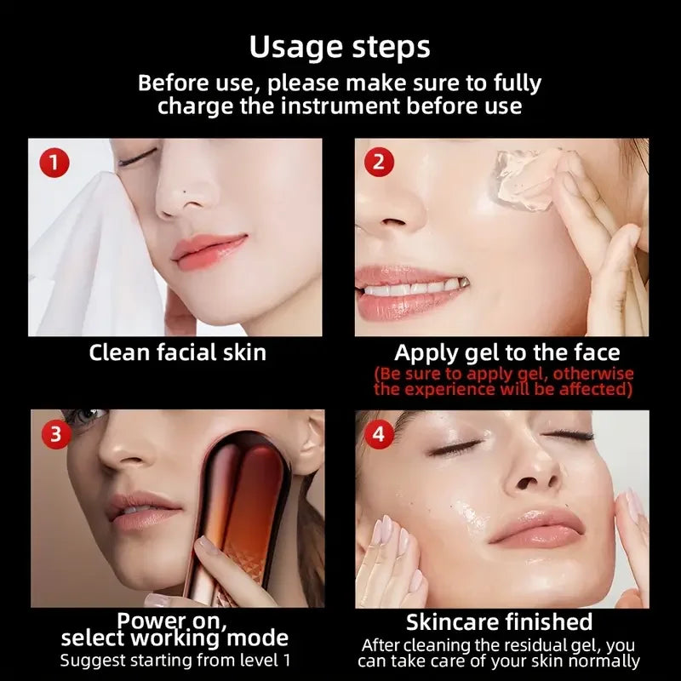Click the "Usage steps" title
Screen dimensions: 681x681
click(340, 47)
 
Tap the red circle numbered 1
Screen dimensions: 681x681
click(54, 162)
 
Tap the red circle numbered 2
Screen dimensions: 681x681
click(379, 162)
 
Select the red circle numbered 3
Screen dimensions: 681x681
click(54, 434)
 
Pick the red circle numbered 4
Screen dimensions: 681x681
click(379, 434)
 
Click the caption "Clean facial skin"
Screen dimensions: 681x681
click(177, 352)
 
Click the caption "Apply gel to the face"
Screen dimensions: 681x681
click(506, 352)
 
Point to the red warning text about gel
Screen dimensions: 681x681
click(503, 382)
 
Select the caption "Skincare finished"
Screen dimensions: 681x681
click(499, 621)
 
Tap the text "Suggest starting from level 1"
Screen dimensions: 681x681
click(175, 660)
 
